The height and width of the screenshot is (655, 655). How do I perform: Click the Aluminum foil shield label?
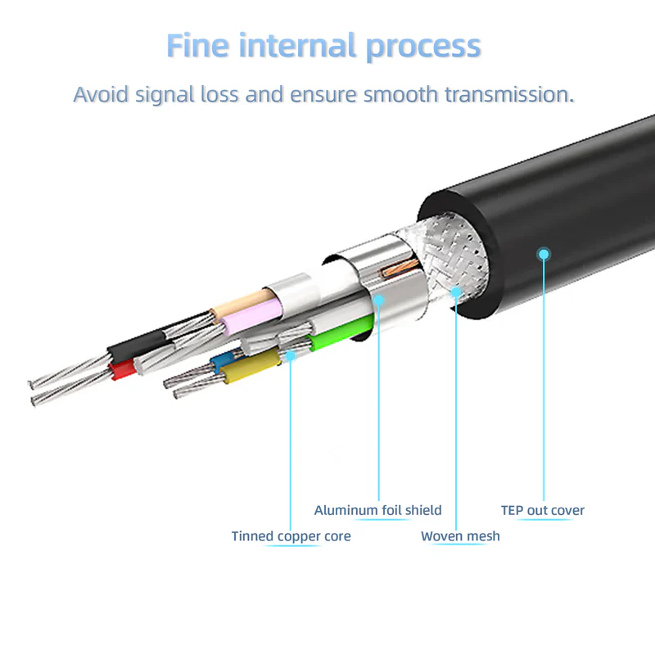pos(377,510)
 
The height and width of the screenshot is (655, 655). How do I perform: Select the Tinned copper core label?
pos(291,536)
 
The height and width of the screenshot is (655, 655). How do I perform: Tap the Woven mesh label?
pos(460,536)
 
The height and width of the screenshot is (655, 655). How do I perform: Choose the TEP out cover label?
pos(543,510)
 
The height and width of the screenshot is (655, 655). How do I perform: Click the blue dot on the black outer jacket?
pos(544,254)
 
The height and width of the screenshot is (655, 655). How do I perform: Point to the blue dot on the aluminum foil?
pos(379,300)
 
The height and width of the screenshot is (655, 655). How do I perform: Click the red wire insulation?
pos(123,370)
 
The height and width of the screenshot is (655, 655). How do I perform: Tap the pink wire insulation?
pos(250,316)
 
